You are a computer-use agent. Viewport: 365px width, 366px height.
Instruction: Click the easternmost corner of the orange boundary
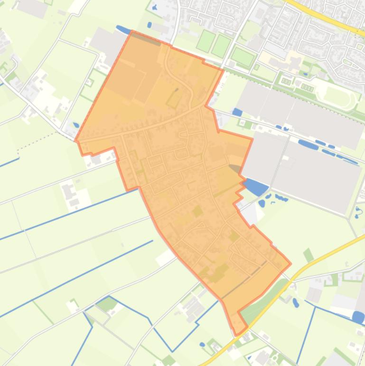[290, 262]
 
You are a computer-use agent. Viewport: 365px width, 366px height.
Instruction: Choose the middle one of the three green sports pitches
[221, 45]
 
